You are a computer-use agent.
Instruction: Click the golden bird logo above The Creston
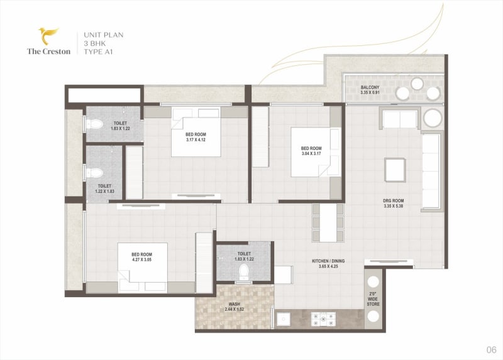click(x=49, y=36)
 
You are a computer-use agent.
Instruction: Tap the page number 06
click(x=491, y=349)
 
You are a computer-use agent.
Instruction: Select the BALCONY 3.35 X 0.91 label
click(x=370, y=90)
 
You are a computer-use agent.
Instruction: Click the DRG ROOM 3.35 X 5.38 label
click(x=394, y=203)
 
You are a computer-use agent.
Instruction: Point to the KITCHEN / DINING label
click(x=328, y=261)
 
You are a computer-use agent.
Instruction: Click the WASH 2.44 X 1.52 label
click(x=234, y=307)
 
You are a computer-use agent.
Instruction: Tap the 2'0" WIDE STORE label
click(x=373, y=299)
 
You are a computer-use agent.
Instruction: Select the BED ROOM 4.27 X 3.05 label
click(x=141, y=257)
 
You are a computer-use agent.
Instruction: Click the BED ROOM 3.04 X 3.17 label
click(x=311, y=151)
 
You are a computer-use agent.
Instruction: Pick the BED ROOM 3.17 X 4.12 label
click(x=196, y=137)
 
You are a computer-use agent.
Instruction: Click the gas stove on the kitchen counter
click(x=323, y=319)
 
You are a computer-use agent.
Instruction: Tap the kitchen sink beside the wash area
click(x=283, y=319)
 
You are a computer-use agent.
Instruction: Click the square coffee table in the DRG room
click(x=395, y=170)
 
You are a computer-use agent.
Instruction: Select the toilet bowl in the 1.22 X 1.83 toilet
click(x=95, y=173)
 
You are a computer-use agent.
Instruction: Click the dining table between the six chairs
click(x=328, y=223)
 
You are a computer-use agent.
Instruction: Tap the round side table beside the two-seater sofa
click(x=433, y=118)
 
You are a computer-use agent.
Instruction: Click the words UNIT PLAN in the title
click(x=104, y=35)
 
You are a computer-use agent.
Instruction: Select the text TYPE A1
click(x=98, y=52)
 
